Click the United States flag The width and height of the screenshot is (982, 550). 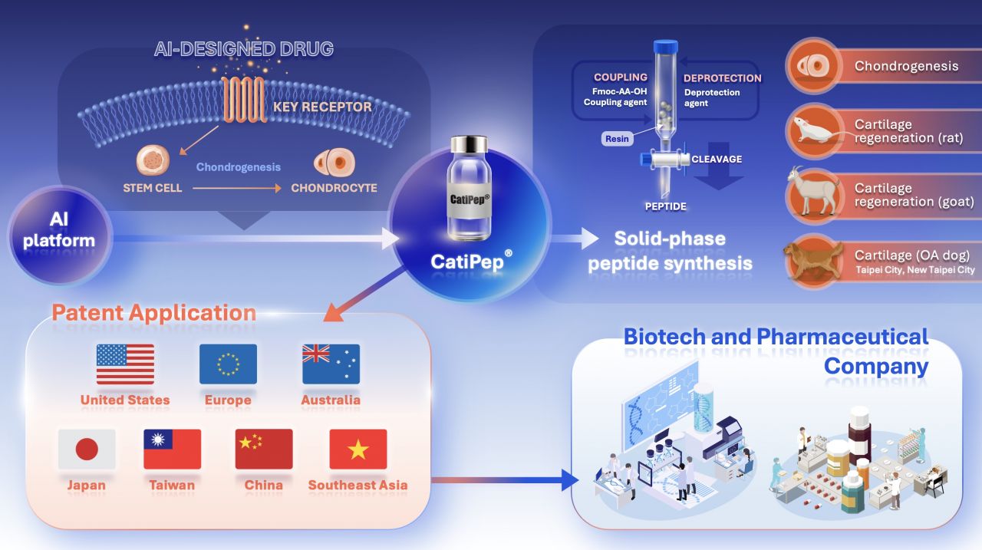click(x=125, y=364)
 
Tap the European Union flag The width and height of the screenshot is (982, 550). click(x=228, y=364)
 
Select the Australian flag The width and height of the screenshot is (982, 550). click(x=331, y=364)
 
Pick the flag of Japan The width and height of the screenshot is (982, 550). click(x=87, y=449)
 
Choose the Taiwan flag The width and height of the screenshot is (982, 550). click(x=173, y=449)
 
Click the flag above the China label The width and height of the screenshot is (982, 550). click(x=264, y=449)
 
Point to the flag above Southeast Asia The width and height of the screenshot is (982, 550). click(x=358, y=449)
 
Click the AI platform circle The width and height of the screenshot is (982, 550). click(x=60, y=235)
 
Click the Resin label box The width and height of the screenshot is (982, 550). click(x=617, y=139)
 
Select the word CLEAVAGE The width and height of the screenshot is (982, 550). click(x=717, y=159)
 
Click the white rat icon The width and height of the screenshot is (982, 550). click(x=816, y=131)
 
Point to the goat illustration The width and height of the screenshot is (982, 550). click(x=812, y=192)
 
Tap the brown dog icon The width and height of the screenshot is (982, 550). click(x=814, y=262)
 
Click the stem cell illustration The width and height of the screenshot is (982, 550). click(x=153, y=160)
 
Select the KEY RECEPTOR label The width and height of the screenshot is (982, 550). click(x=322, y=107)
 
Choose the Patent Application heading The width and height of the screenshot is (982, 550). click(x=154, y=313)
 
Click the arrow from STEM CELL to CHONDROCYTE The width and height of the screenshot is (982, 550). click(x=237, y=188)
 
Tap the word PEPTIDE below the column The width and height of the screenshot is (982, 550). click(x=665, y=206)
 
